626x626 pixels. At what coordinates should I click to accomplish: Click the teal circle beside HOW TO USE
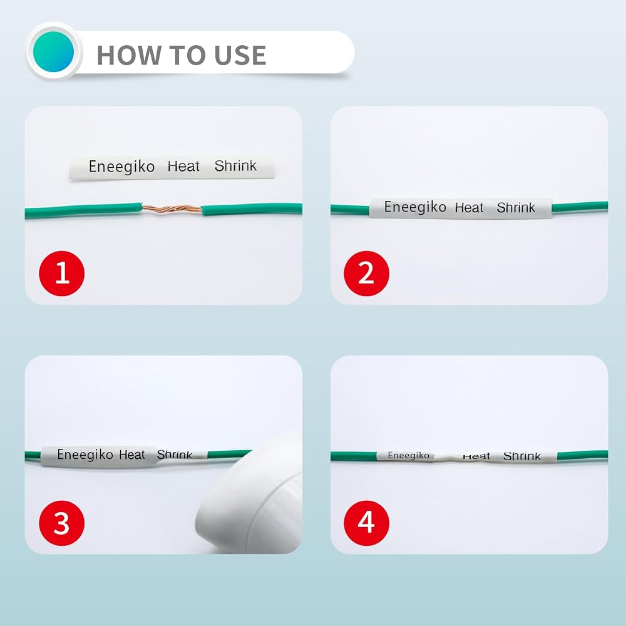tap(53, 52)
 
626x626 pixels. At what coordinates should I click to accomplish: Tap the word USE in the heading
tap(240, 54)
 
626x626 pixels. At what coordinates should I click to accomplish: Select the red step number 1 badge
tap(62, 274)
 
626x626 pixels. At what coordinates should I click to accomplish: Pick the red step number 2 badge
tap(366, 274)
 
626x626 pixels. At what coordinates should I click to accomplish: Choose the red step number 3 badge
tap(62, 523)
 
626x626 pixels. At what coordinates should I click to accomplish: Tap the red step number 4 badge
tap(366, 523)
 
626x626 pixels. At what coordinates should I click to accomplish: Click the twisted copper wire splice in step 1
tap(172, 209)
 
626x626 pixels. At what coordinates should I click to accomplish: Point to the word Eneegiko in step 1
tap(121, 167)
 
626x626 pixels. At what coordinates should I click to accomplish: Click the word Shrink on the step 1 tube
tap(235, 166)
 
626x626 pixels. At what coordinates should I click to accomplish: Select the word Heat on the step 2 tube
tap(469, 208)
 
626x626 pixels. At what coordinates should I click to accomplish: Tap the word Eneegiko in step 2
tap(415, 207)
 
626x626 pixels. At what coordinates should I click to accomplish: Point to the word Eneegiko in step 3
tap(85, 454)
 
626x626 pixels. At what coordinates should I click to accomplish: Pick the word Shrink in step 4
tap(522, 456)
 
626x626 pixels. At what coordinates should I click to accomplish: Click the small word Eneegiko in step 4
tap(408, 456)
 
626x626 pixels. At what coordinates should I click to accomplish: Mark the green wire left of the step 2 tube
tap(350, 209)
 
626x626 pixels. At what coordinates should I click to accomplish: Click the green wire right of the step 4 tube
tap(582, 455)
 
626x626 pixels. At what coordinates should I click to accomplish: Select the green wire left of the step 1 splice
tap(83, 211)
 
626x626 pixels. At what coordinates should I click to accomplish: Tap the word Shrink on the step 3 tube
tap(175, 454)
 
